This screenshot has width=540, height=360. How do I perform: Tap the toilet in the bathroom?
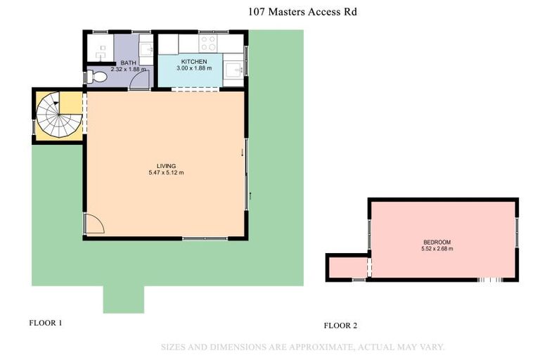click(98, 77)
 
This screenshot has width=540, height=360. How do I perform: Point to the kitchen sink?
click(234, 69)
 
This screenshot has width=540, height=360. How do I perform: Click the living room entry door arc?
click(94, 224)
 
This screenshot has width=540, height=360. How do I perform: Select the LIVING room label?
click(166, 166)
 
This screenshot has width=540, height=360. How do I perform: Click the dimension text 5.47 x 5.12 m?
click(166, 173)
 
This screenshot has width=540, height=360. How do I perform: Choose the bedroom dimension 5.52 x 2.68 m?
click(437, 249)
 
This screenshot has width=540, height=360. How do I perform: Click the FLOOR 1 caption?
click(46, 323)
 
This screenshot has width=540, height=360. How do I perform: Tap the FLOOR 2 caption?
click(340, 326)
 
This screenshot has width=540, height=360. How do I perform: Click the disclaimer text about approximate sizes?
click(303, 347)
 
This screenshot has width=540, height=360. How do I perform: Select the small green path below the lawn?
click(123, 300)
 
